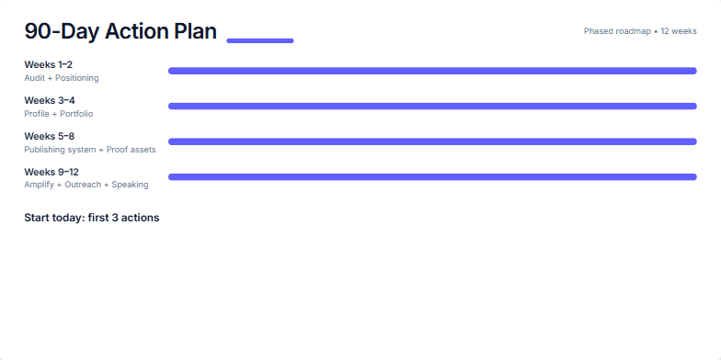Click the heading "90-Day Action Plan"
[x=120, y=31]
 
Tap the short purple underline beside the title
[x=260, y=40]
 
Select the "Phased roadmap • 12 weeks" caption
[x=640, y=31]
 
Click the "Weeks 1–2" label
[x=48, y=64]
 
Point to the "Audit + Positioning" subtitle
[x=61, y=78]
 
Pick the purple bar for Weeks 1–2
[x=432, y=71]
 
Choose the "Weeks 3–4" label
[x=50, y=100]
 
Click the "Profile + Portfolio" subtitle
[x=58, y=114]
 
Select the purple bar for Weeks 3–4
[x=432, y=107]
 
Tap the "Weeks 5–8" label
[x=50, y=136]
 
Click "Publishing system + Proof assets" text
[x=90, y=150]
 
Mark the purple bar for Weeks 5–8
[x=432, y=141]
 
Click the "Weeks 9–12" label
[x=51, y=172]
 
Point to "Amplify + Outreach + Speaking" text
[x=86, y=185]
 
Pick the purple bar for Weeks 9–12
[x=432, y=177]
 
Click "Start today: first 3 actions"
[x=91, y=218]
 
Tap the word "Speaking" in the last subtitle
[x=130, y=185]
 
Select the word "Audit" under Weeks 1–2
[x=34, y=78]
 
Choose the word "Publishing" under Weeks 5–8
[x=44, y=150]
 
